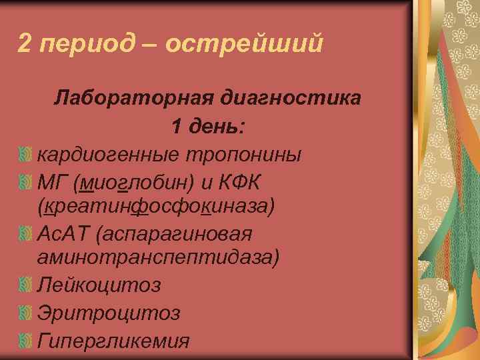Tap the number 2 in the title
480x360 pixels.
tap(24, 43)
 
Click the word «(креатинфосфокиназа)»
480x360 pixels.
tap(156, 207)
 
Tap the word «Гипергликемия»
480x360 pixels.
tap(113, 341)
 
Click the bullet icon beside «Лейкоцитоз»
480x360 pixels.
tap(25, 286)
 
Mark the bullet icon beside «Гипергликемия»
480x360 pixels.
tap(25, 341)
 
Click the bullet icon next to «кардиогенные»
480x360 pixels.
tap(25, 154)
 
